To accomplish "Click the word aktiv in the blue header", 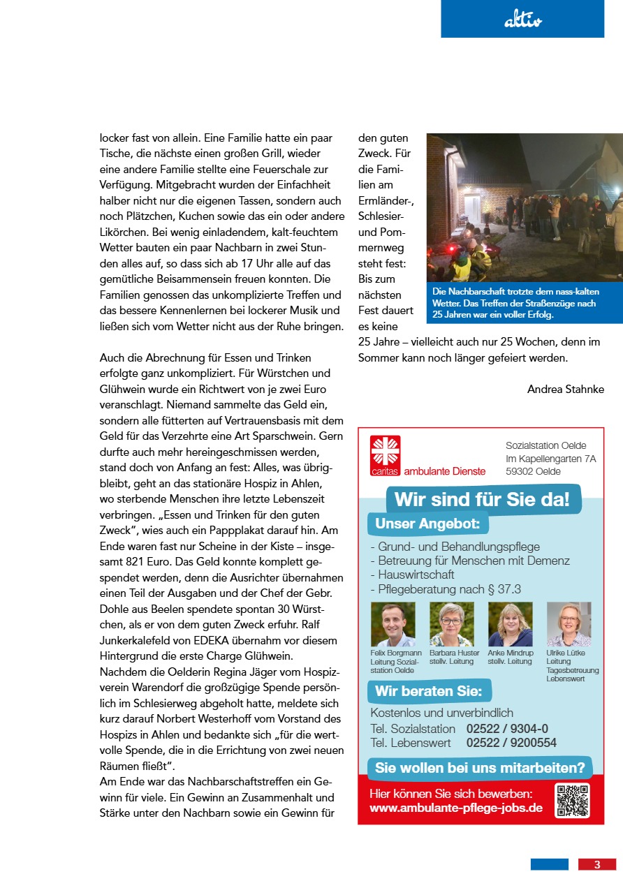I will click(522, 22).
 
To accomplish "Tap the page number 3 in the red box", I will click(597, 864).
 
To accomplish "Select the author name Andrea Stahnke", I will click(565, 390).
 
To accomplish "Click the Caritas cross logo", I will click(386, 451).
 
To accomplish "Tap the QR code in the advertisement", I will click(572, 801).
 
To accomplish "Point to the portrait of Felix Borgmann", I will click(393, 624).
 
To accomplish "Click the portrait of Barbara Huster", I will click(451, 624).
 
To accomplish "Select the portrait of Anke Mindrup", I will click(510, 624).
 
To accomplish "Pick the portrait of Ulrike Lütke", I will click(569, 624).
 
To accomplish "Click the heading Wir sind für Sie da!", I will click(482, 500).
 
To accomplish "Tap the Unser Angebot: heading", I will click(427, 524).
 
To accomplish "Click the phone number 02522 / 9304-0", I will click(507, 729).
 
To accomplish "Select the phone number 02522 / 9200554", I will click(511, 743).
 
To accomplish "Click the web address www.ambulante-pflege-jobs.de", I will click(455, 808).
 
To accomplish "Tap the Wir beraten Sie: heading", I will click(428, 692).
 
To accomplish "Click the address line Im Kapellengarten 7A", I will click(550, 459).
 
